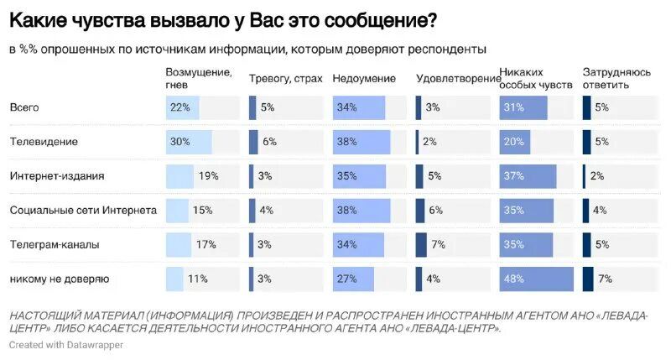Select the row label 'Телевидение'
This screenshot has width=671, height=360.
44,142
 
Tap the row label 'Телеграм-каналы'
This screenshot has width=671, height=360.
55,244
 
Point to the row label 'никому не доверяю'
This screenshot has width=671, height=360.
59,279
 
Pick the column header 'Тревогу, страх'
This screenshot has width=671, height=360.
285,79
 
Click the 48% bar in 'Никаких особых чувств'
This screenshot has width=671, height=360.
536,279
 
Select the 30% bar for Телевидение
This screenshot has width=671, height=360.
189,142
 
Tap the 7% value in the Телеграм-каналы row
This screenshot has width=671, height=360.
438,244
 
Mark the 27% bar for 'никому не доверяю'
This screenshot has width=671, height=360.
353,279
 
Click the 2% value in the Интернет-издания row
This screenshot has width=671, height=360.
597,176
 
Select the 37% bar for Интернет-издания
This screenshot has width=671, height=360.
528,176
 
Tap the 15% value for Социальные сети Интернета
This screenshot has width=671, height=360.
202,211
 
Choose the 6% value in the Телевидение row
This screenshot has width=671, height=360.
269,142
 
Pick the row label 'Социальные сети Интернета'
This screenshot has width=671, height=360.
83,211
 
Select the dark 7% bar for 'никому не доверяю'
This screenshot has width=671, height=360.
588,279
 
